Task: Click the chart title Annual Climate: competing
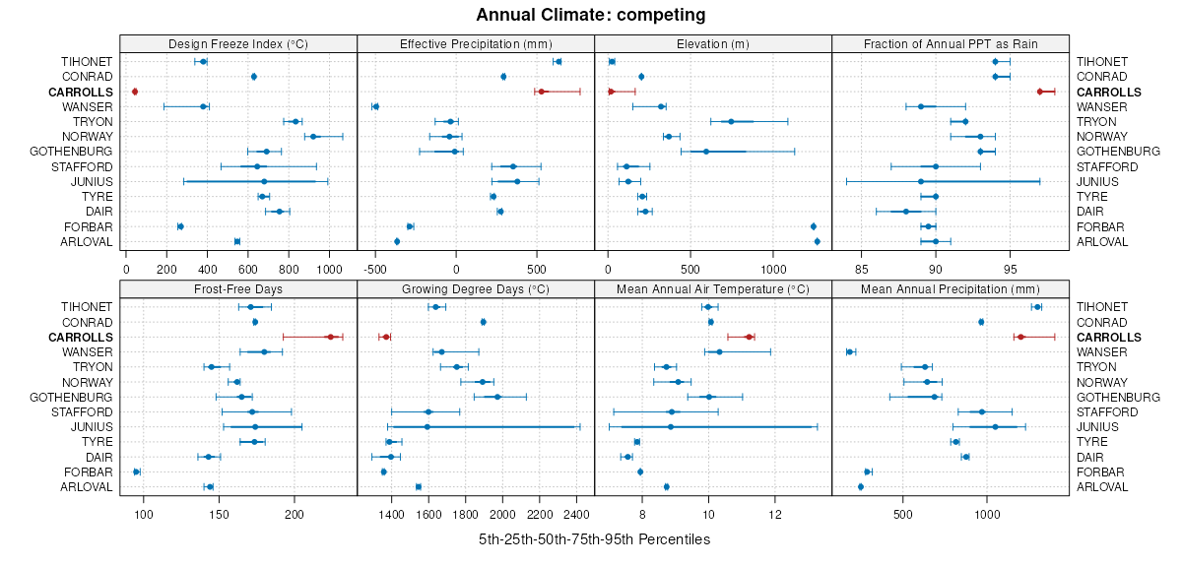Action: [x=591, y=15]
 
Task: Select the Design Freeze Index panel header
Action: [x=238, y=43]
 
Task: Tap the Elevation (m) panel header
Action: [x=713, y=43]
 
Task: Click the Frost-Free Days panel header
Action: [x=238, y=288]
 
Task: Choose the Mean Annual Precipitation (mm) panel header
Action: [x=951, y=288]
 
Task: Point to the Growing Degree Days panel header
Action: [x=476, y=288]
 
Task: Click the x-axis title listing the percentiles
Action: [x=594, y=539]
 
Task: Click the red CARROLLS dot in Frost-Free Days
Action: [x=331, y=337]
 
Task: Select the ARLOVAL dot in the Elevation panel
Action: [x=817, y=241]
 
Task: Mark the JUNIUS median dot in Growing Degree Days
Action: [x=427, y=426]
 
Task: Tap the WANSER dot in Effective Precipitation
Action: [x=375, y=106]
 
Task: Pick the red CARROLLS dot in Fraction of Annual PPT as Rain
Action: [x=1040, y=92]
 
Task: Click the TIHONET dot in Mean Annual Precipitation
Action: [x=1036, y=307]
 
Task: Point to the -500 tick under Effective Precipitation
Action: [x=375, y=267]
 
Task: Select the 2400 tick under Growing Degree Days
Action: [x=576, y=513]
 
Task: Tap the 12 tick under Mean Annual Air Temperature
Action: [x=775, y=513]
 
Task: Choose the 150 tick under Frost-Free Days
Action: [x=219, y=513]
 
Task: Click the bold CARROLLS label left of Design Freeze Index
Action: [x=81, y=92]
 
